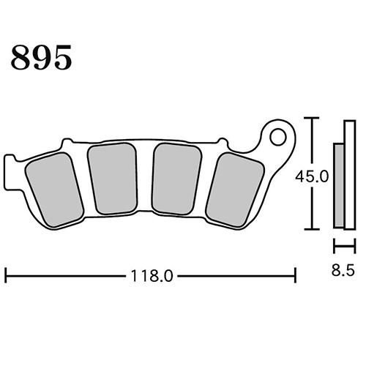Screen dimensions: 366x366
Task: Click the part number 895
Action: point(42,57)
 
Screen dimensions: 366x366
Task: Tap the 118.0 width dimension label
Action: point(152,276)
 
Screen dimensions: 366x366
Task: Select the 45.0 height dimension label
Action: point(312,176)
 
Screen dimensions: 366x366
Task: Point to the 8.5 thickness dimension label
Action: point(343,270)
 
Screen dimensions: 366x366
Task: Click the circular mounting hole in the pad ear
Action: point(278,137)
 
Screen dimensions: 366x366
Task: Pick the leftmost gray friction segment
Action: point(55,190)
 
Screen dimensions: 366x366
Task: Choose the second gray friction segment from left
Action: point(113,178)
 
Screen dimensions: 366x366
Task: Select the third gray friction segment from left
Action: point(176,179)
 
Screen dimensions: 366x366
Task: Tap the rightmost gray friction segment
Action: point(235,190)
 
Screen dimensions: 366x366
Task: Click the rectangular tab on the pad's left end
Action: point(10,172)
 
